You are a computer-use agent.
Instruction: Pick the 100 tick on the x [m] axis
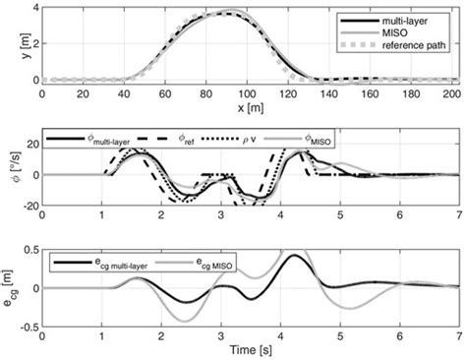[246, 92]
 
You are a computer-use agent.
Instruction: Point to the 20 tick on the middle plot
[29, 144]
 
